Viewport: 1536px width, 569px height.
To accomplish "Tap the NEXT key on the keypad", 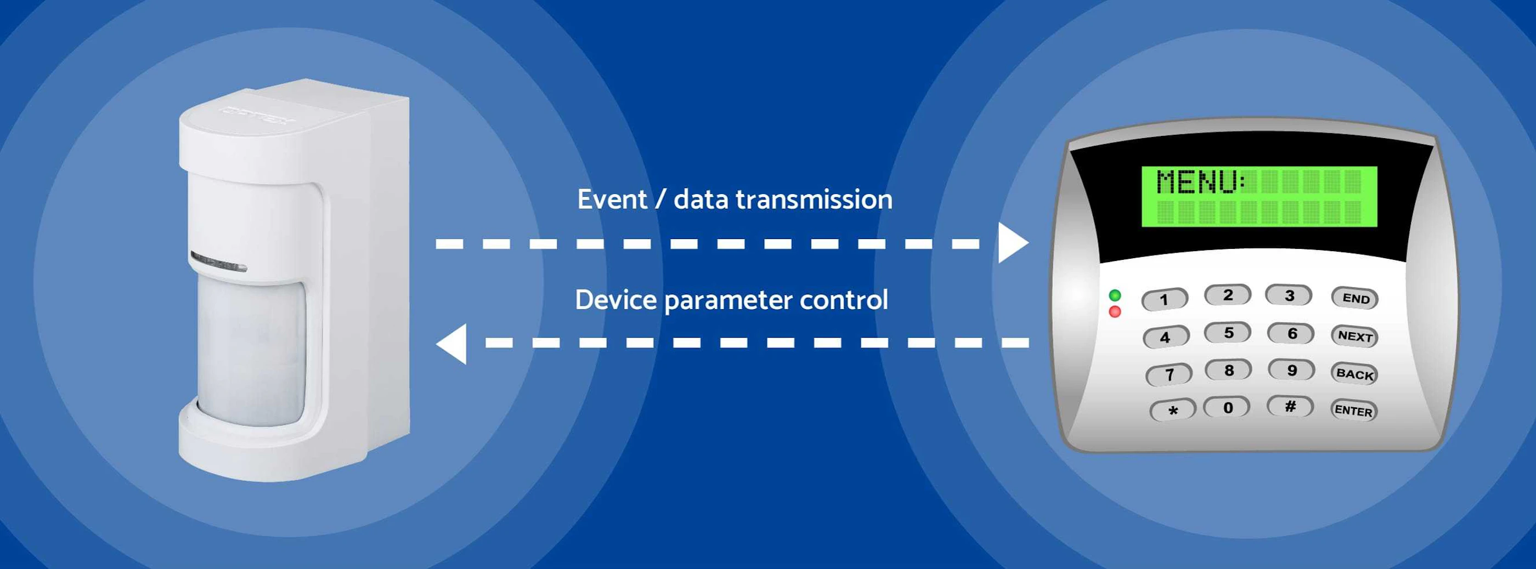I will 1355,336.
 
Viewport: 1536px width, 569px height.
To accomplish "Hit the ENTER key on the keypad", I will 1353,411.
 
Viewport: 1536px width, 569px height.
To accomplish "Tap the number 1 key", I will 1164,300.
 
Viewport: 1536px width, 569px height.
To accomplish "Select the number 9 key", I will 1291,370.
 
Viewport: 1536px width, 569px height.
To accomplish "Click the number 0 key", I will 1227,408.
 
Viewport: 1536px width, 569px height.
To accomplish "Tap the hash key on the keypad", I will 1290,407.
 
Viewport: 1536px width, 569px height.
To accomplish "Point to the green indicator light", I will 1115,295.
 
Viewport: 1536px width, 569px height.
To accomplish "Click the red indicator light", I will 1115,311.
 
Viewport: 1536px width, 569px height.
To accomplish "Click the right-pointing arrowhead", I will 1013,243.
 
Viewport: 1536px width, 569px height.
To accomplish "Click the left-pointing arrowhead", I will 452,343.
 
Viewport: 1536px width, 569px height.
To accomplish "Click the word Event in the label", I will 612,200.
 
